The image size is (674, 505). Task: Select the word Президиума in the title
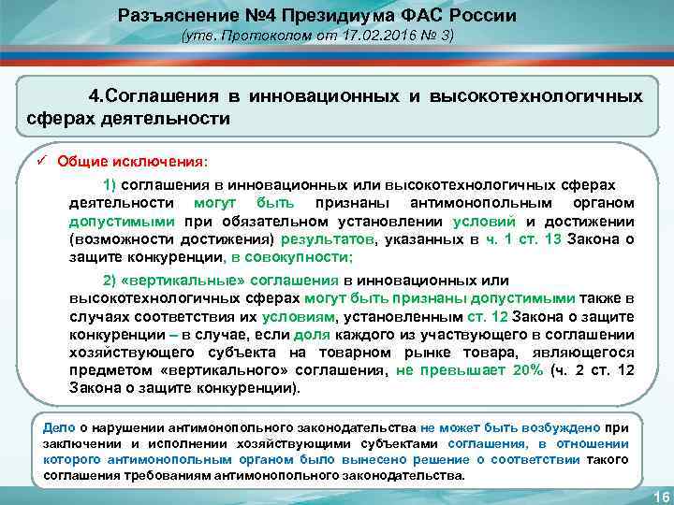coord(319,16)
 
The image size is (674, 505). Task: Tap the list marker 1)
coord(109,185)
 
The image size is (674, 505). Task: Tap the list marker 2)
coord(109,281)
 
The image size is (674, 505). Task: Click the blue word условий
coord(483,222)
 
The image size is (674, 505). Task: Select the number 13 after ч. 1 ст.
coord(551,239)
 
